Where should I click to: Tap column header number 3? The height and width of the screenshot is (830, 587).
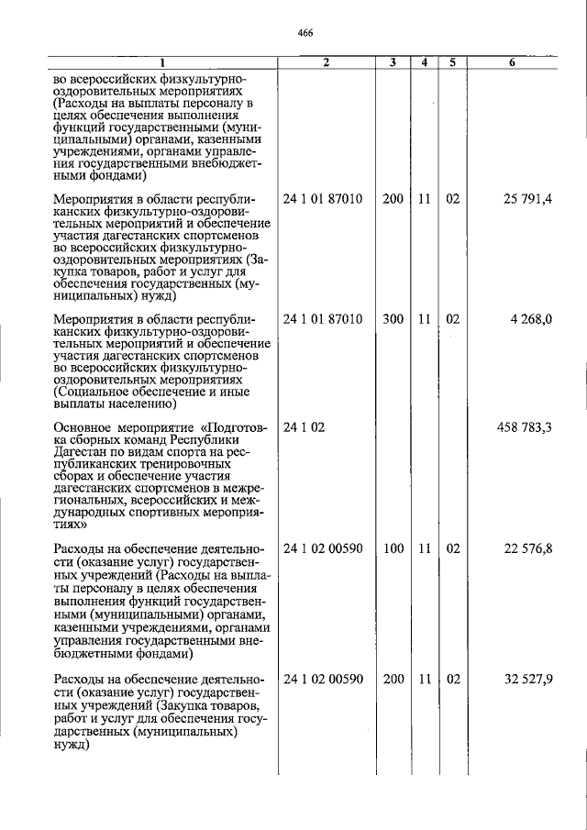coord(393,63)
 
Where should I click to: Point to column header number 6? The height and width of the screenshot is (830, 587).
coord(512,63)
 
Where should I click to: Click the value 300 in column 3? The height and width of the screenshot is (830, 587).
coord(393,319)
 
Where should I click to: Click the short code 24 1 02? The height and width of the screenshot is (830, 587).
coord(305,427)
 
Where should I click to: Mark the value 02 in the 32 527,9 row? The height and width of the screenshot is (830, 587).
coord(452,681)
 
